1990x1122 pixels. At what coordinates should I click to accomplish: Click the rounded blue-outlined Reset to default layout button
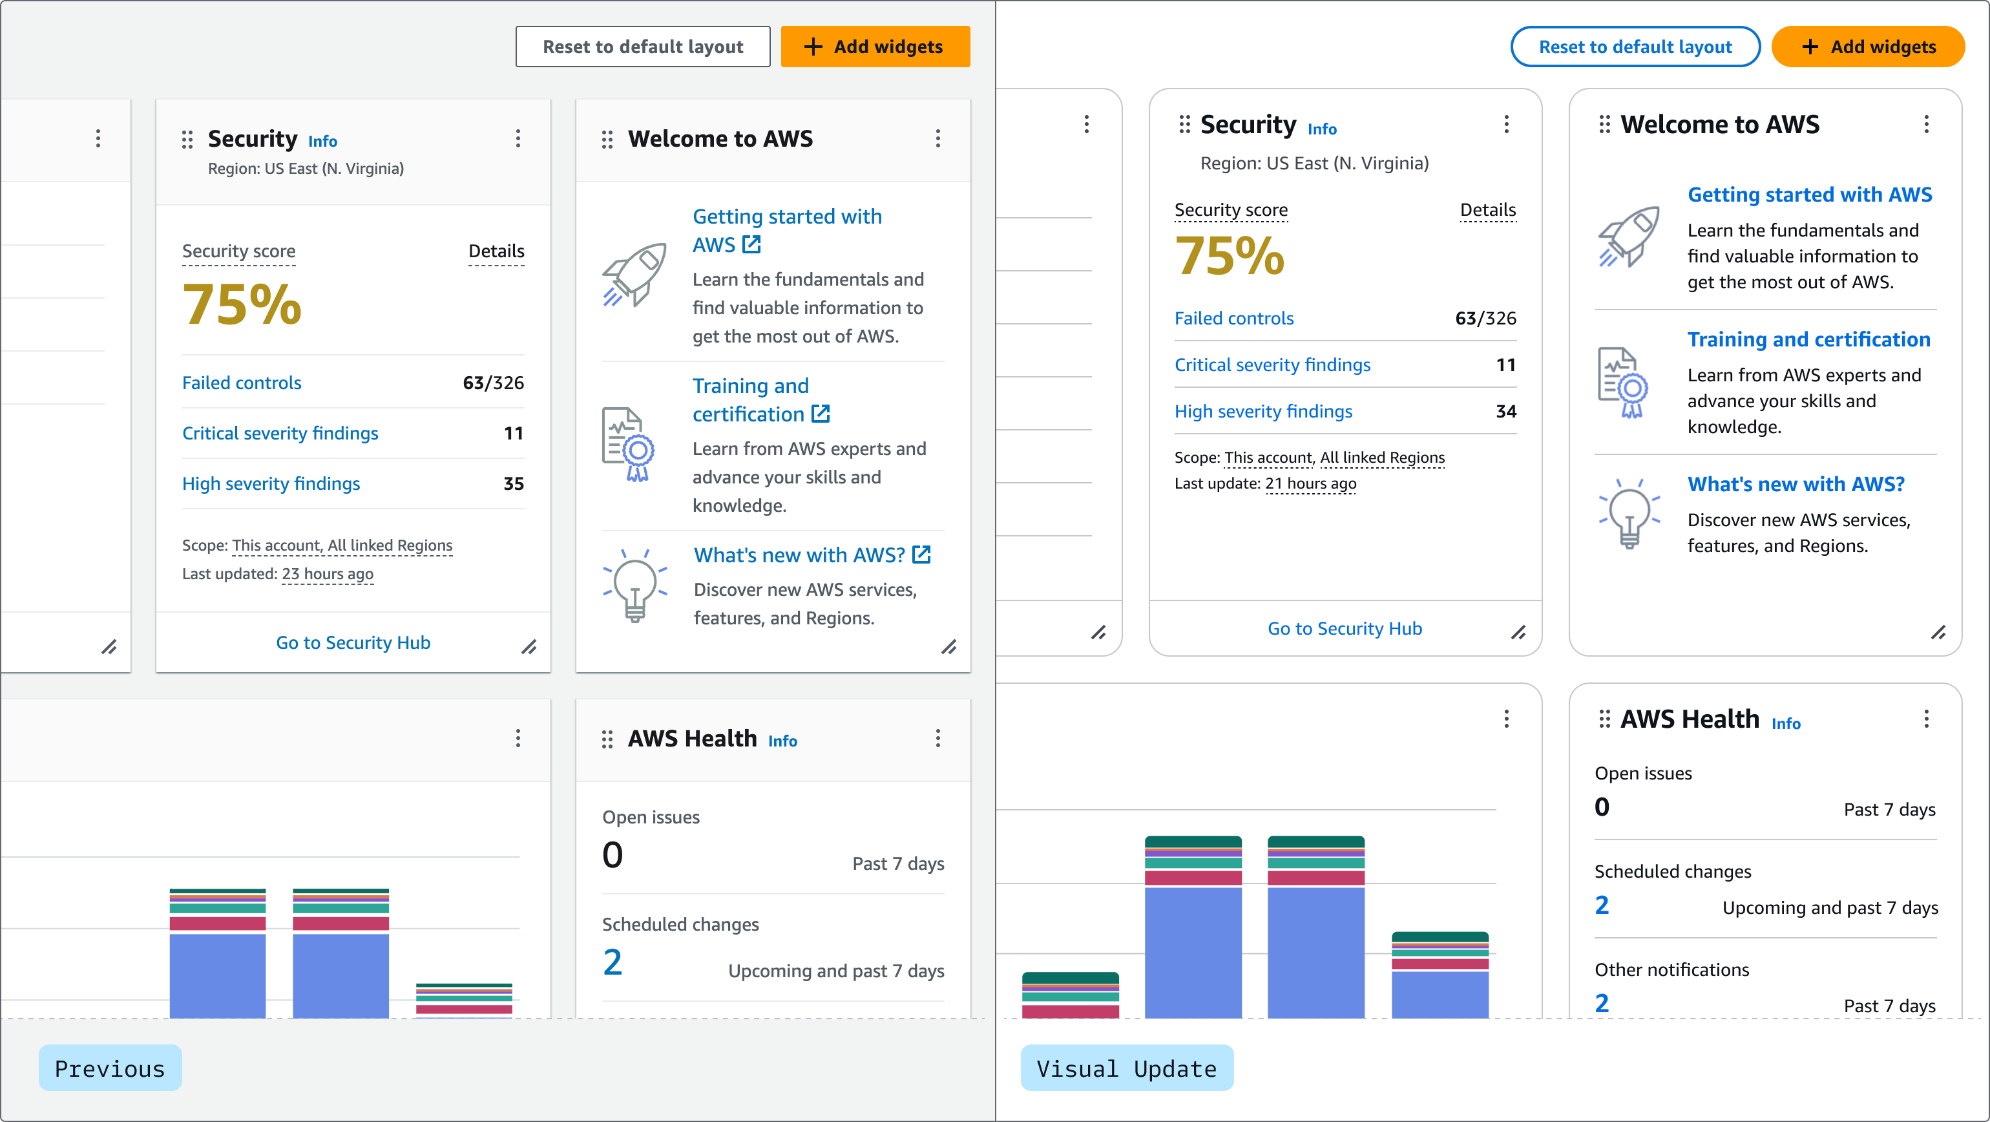tap(1635, 47)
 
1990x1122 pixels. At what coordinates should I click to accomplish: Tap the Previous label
tap(110, 1068)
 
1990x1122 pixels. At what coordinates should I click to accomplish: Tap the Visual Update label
tap(1126, 1068)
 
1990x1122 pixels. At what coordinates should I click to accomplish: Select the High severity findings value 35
tap(513, 483)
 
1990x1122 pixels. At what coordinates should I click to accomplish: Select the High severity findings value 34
tap(1505, 411)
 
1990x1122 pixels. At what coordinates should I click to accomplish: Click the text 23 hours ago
tap(327, 573)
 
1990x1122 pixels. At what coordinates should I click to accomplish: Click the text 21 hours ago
tap(1310, 483)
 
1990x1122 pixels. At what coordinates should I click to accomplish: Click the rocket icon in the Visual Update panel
tap(1628, 237)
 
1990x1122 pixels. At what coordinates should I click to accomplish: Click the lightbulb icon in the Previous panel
tap(634, 586)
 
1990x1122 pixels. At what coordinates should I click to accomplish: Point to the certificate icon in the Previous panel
tap(627, 444)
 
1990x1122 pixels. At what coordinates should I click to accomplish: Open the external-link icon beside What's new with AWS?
tap(921, 554)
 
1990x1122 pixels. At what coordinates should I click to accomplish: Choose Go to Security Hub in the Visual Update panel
tap(1344, 628)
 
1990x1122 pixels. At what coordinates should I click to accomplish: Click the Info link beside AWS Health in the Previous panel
tap(782, 740)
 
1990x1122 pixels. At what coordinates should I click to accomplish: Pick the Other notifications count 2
tap(1602, 1003)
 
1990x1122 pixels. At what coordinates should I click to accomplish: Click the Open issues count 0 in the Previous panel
tap(612, 854)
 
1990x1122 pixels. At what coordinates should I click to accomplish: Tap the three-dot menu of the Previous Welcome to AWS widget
tap(938, 138)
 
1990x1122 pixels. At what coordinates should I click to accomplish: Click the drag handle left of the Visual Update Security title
tap(1184, 124)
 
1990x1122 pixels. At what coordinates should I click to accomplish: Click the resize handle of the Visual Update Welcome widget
tap(1938, 633)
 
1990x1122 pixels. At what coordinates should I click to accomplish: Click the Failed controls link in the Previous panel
tap(241, 383)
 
